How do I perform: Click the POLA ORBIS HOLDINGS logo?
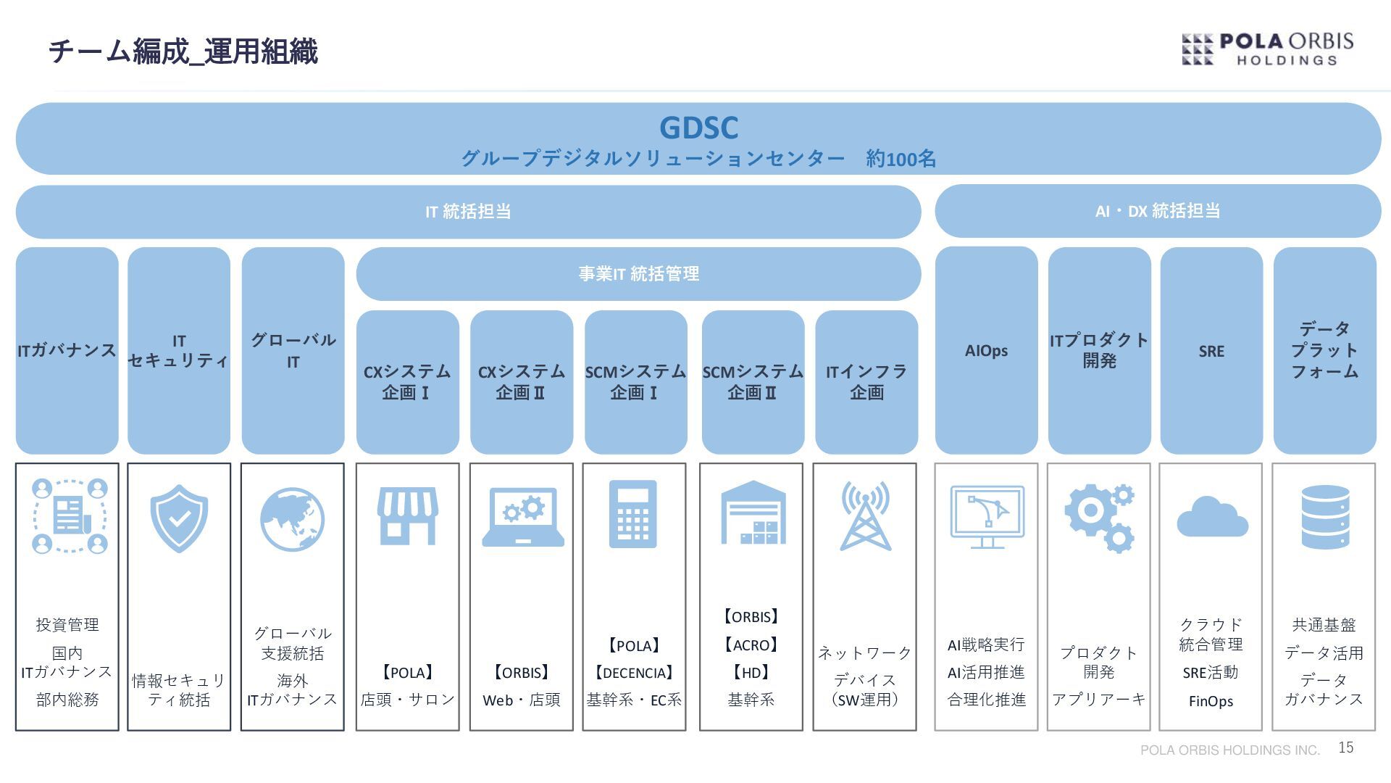1267,49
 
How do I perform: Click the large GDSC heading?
698,128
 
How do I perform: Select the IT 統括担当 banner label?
468,212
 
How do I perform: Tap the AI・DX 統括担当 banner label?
1158,211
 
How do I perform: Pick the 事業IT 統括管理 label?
638,274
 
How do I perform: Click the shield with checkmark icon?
179,518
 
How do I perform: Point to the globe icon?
292,519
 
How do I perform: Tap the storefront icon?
407,516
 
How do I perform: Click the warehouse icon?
753,513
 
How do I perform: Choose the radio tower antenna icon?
865,516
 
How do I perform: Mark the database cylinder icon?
1325,517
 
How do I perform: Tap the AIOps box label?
986,351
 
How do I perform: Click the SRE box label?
1211,352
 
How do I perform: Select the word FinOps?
1211,701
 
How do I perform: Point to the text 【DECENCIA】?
634,673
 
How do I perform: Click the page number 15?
1346,747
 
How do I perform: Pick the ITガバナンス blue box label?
67,351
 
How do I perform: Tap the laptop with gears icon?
523,517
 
